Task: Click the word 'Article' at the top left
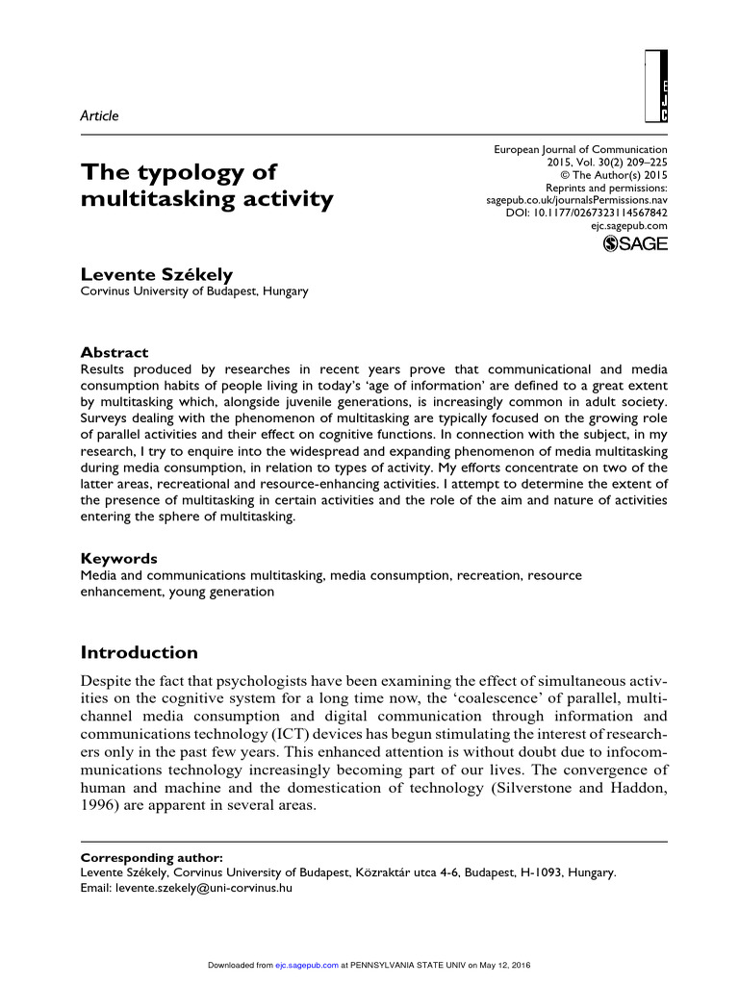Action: tap(99, 115)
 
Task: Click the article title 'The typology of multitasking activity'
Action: tap(207, 187)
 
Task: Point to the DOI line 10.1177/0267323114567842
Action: tap(586, 212)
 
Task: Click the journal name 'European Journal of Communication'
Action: tap(580, 150)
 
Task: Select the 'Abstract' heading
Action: tap(115, 352)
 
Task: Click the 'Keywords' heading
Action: tap(119, 558)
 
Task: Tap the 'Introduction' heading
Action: tap(139, 653)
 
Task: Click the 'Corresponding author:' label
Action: tap(152, 857)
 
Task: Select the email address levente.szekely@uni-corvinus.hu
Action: tap(205, 888)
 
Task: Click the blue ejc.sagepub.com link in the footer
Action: tap(306, 965)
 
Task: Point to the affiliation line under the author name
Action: tap(194, 291)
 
